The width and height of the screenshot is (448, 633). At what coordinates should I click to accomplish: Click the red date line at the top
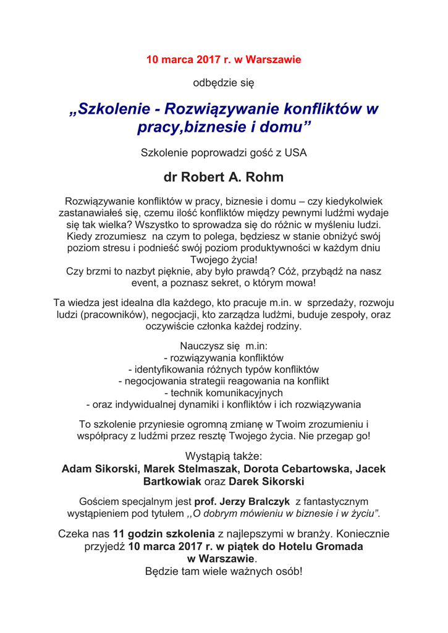click(x=224, y=60)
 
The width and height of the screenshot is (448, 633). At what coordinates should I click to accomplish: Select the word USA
click(x=295, y=152)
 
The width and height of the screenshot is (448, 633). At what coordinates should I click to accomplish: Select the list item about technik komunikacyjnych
click(x=224, y=393)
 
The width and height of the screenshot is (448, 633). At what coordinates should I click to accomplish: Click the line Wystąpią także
click(x=224, y=456)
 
